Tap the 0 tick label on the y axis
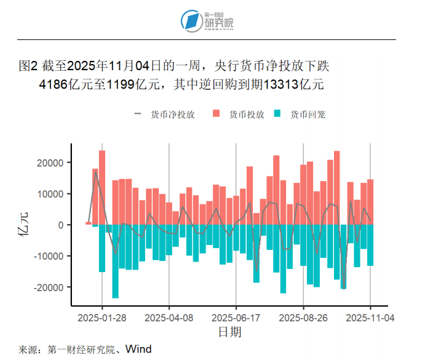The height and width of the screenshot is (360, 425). (61, 225)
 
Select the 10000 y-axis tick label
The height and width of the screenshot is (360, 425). (51, 194)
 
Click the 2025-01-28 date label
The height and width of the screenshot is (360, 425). (102, 318)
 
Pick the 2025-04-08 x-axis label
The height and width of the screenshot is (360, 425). (169, 318)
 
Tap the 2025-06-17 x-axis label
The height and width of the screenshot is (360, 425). (236, 318)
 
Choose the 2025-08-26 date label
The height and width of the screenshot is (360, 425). (303, 318)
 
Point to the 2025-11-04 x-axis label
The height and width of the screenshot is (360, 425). (370, 318)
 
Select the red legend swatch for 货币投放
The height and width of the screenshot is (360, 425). (216, 114)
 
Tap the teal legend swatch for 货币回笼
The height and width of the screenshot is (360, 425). (278, 114)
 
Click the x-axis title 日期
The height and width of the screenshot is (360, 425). (229, 332)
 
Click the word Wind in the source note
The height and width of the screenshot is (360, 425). (139, 350)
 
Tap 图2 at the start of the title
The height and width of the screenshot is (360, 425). (30, 65)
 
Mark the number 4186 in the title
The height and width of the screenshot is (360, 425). (52, 84)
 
